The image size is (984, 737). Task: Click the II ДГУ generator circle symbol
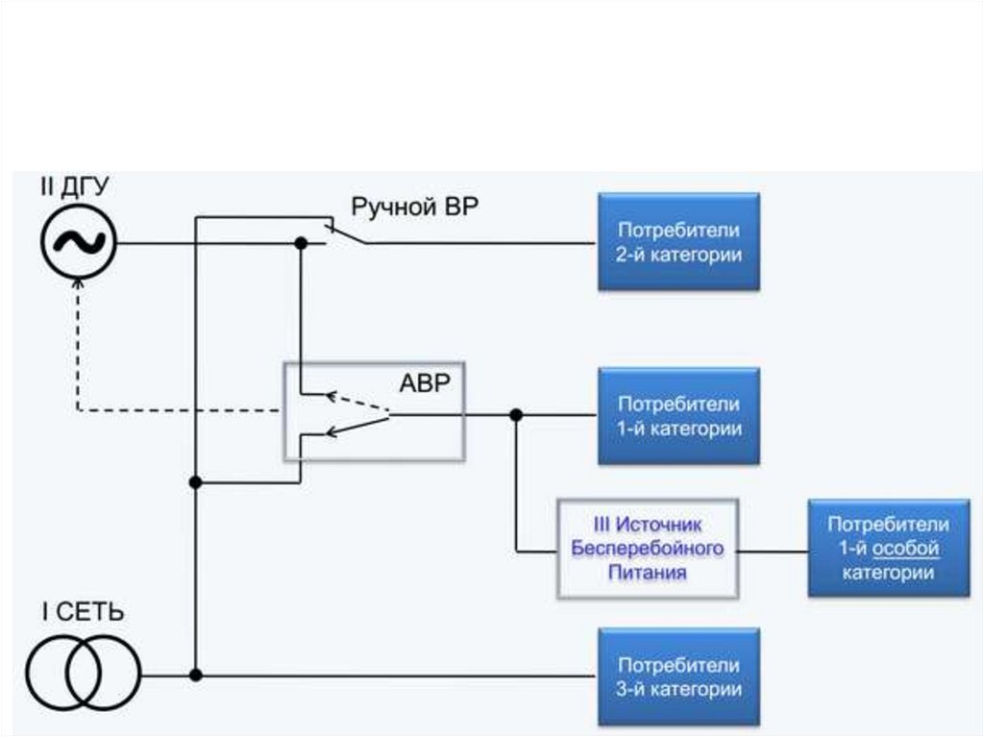tap(78, 243)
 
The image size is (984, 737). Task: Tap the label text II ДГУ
tap(75, 186)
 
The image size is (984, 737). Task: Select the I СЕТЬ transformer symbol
tap(83, 673)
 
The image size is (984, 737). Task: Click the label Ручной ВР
tap(413, 207)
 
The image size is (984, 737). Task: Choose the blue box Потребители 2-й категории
tap(678, 242)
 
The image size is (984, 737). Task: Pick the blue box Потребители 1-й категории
tap(678, 416)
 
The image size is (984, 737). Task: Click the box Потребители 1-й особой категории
tap(888, 549)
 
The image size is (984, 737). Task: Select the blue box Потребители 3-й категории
tap(678, 676)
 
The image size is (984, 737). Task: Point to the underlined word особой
tap(905, 549)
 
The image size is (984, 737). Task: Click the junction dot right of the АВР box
tap(516, 415)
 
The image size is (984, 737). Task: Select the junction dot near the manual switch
tap(300, 243)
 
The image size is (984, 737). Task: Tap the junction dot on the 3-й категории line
tap(196, 676)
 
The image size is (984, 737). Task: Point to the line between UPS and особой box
tap(773, 551)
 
